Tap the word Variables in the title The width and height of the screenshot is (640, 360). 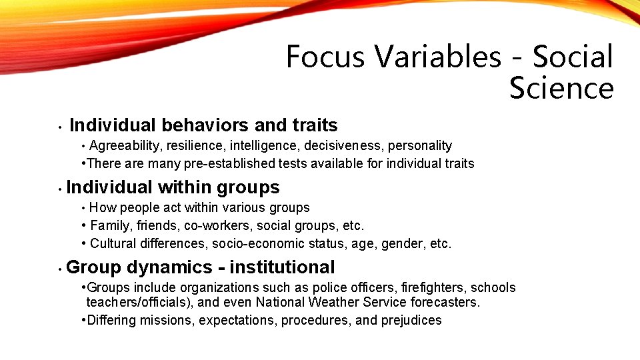438,57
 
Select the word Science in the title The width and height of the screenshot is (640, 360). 561,88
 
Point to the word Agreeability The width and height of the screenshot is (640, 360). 127,146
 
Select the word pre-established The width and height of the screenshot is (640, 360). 210,163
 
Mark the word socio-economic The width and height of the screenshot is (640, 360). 254,243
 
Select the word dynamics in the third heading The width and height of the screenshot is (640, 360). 169,267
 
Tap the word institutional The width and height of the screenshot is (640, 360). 282,267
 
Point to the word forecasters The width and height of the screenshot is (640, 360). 445,303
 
